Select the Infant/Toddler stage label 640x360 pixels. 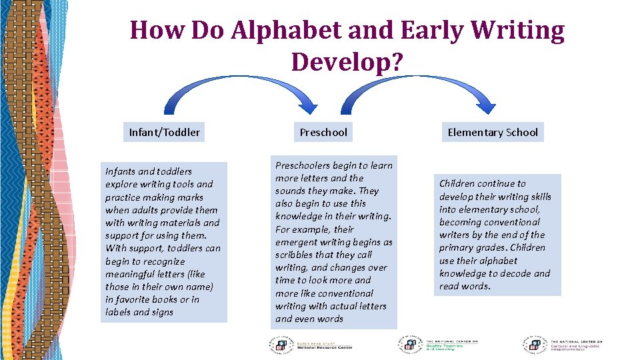point(164,132)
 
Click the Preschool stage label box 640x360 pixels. point(323,132)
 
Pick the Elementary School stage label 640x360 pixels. point(493,132)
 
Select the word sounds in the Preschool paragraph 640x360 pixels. point(292,191)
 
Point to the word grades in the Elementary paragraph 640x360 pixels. point(494,247)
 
